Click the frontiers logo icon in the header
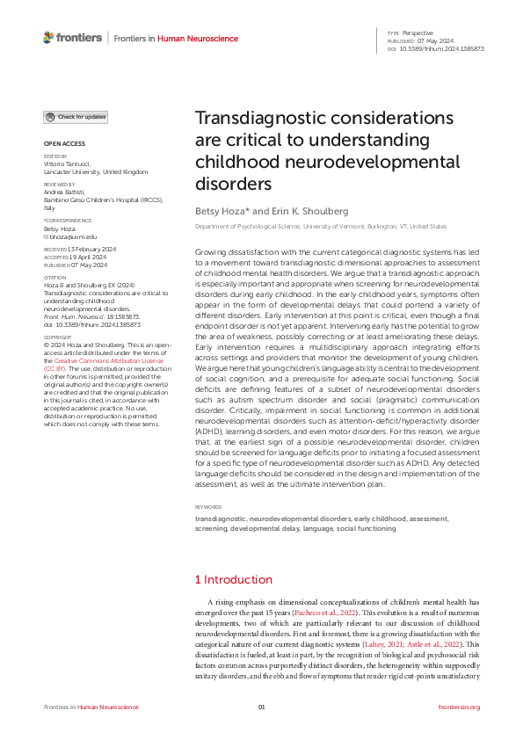[x=48, y=37]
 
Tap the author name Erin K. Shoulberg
[x=299, y=212]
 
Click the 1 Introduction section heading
[x=233, y=555]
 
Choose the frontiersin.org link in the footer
[x=459, y=707]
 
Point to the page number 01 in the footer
[x=261, y=707]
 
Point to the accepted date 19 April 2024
[x=82, y=257]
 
